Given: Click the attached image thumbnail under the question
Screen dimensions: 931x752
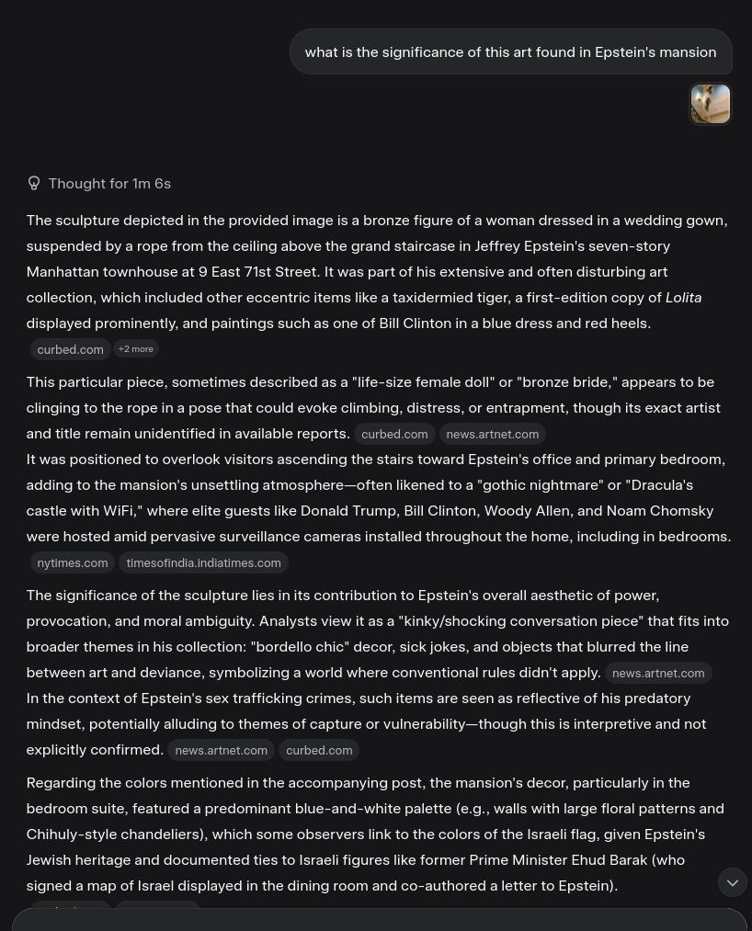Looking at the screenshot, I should [710, 104].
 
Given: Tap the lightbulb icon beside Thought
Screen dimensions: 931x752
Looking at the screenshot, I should [34, 183].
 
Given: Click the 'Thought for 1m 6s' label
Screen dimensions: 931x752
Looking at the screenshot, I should [109, 183].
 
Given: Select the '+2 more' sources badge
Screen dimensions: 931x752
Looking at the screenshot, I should [136, 349].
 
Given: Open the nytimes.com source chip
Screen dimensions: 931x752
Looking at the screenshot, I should [72, 562].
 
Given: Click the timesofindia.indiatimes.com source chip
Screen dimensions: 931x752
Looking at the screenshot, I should [203, 562].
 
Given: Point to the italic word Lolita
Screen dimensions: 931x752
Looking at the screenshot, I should [683, 297].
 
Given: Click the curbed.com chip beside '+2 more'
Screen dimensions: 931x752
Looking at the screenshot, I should [70, 349].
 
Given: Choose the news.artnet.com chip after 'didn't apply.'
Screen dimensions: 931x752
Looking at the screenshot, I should [657, 673].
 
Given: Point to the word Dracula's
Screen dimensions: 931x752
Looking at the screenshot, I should [660, 484].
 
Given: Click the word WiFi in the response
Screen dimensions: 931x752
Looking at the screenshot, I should [118, 510].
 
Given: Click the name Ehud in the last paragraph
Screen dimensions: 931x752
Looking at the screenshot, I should [588, 859].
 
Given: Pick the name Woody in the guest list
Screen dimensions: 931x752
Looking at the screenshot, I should [507, 510].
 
